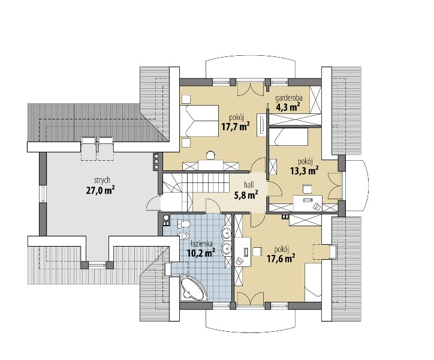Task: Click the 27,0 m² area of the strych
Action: pos(101,191)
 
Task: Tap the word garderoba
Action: pos(289,98)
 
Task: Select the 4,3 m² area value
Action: pos(288,107)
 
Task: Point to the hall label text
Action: pos(249,185)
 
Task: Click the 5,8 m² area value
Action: pos(246,195)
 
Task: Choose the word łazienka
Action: pos(202,244)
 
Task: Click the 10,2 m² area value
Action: pos(201,253)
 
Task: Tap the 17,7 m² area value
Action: pos(236,127)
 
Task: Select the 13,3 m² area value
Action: pos(304,171)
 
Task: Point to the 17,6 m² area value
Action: pos(281,259)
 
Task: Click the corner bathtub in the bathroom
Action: pos(193,288)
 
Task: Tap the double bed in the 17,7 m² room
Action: pos(199,121)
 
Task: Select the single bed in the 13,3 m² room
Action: pos(289,136)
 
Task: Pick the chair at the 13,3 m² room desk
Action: pos(307,189)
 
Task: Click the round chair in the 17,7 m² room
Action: pos(211,155)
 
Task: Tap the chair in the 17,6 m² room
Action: pos(257,251)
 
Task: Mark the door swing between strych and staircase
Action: pos(153,203)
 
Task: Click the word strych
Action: pos(102,181)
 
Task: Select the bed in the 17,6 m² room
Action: pos(313,282)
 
